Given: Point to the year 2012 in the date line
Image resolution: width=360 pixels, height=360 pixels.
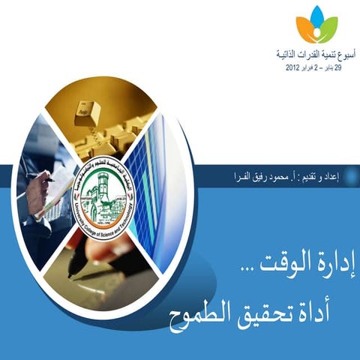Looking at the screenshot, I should pos(295,67).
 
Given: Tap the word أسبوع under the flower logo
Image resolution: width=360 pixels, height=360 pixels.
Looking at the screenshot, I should pos(340,55).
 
